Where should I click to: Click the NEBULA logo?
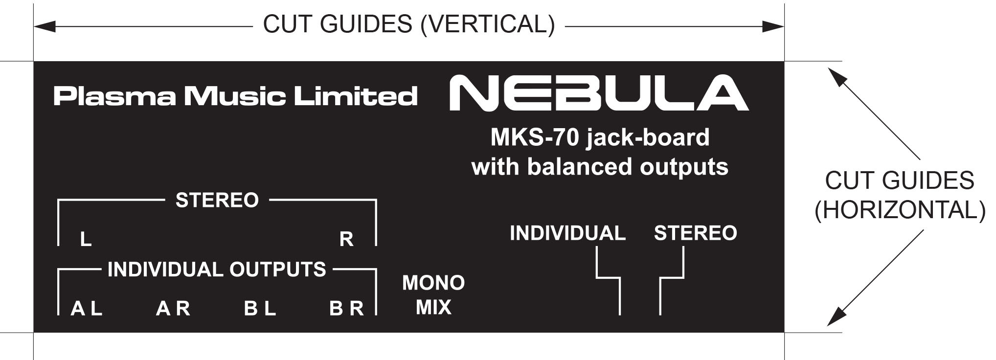click(599, 93)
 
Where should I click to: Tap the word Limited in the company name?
click(355, 96)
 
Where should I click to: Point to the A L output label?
click(87, 309)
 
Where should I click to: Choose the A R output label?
click(173, 309)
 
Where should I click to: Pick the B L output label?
click(260, 309)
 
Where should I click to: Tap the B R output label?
click(346, 309)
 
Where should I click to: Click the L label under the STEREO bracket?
click(86, 239)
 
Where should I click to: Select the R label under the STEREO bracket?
click(346, 239)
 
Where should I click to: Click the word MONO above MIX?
click(433, 283)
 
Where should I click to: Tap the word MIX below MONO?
click(433, 308)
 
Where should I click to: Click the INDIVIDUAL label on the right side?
click(567, 233)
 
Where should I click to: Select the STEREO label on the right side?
click(695, 233)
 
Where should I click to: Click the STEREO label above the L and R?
click(217, 200)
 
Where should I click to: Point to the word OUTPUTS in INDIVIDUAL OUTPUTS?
click(277, 270)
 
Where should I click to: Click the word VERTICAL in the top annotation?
click(487, 24)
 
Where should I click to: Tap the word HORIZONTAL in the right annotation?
click(900, 210)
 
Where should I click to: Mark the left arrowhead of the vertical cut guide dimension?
click(45, 26)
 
